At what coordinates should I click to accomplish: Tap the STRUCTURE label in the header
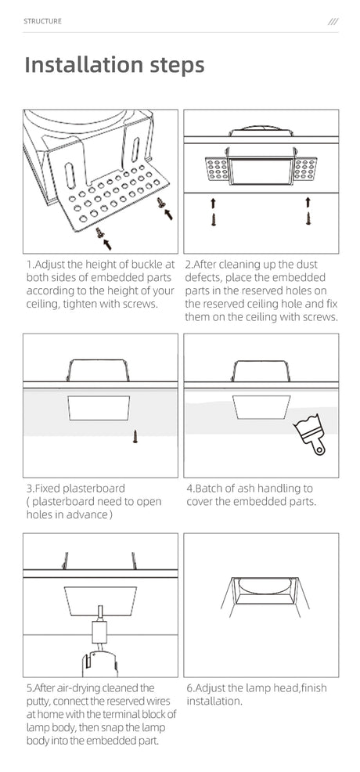point(42,21)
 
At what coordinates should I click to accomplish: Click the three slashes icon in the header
point(333,21)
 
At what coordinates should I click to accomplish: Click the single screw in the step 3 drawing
point(135,436)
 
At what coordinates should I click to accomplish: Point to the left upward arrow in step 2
point(214,202)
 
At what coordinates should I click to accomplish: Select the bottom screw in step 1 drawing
point(101,233)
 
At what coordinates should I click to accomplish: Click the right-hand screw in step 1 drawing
point(160,202)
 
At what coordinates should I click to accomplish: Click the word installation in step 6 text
point(214,701)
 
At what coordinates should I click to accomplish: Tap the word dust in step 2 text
point(308,265)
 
